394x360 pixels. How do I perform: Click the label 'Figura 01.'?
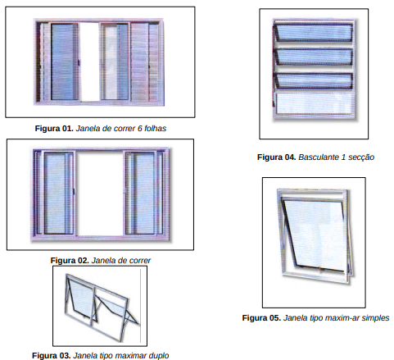pos(54,128)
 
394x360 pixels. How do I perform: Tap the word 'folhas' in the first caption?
pos(155,128)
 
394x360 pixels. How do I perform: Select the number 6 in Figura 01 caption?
pos(139,128)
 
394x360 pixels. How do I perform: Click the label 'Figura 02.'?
pos(70,260)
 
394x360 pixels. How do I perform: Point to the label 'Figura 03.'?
pos(52,355)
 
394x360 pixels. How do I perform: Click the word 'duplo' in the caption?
pos(159,356)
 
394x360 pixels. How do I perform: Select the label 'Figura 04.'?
pos(277,157)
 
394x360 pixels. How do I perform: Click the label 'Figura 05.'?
pos(261,317)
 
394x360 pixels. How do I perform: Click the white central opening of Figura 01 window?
pos(89,62)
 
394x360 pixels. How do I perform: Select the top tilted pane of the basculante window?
pos(314,33)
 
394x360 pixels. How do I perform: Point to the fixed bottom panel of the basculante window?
pos(314,103)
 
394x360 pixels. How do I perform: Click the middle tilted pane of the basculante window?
pos(314,57)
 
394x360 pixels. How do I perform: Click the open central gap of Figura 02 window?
pos(100,193)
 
